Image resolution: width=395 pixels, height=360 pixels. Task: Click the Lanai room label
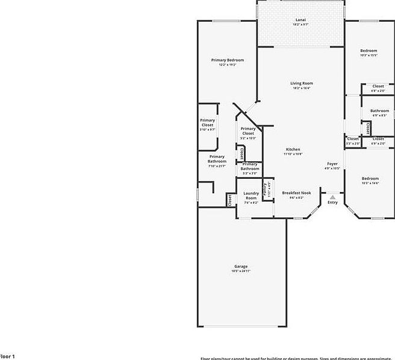click(x=300, y=19)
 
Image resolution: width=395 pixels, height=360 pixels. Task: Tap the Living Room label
click(x=302, y=83)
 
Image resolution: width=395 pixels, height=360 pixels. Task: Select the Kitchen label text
click(x=293, y=149)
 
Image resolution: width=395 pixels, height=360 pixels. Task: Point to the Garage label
click(x=241, y=266)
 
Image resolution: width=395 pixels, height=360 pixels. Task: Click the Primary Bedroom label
click(x=228, y=60)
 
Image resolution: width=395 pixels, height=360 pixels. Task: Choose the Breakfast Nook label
click(x=293, y=193)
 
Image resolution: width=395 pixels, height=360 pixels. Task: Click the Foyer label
click(x=332, y=164)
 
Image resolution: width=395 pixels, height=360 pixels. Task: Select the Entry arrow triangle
click(x=332, y=197)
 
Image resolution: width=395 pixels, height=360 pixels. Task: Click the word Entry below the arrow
click(x=332, y=202)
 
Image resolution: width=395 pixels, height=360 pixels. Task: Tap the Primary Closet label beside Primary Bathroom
click(x=207, y=122)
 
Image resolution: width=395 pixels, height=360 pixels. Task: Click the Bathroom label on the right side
click(x=379, y=111)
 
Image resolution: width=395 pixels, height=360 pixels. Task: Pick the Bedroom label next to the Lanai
click(x=369, y=51)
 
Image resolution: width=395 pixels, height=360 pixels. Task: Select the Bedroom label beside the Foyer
click(x=370, y=178)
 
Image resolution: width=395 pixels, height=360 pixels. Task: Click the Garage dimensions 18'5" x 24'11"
click(x=241, y=272)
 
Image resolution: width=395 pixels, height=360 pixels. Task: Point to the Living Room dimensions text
click(x=302, y=88)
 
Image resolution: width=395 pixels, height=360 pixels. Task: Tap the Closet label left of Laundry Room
click(x=230, y=200)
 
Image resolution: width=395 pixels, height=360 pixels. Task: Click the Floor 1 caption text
click(x=7, y=356)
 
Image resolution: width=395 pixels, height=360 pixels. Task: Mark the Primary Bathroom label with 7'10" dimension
click(x=217, y=159)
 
